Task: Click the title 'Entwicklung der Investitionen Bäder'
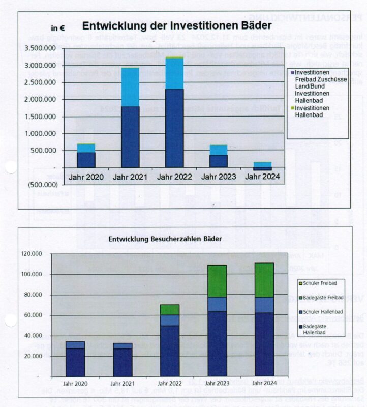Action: click(176, 26)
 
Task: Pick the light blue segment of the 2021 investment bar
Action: click(130, 87)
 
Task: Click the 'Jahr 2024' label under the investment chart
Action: click(262, 177)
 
